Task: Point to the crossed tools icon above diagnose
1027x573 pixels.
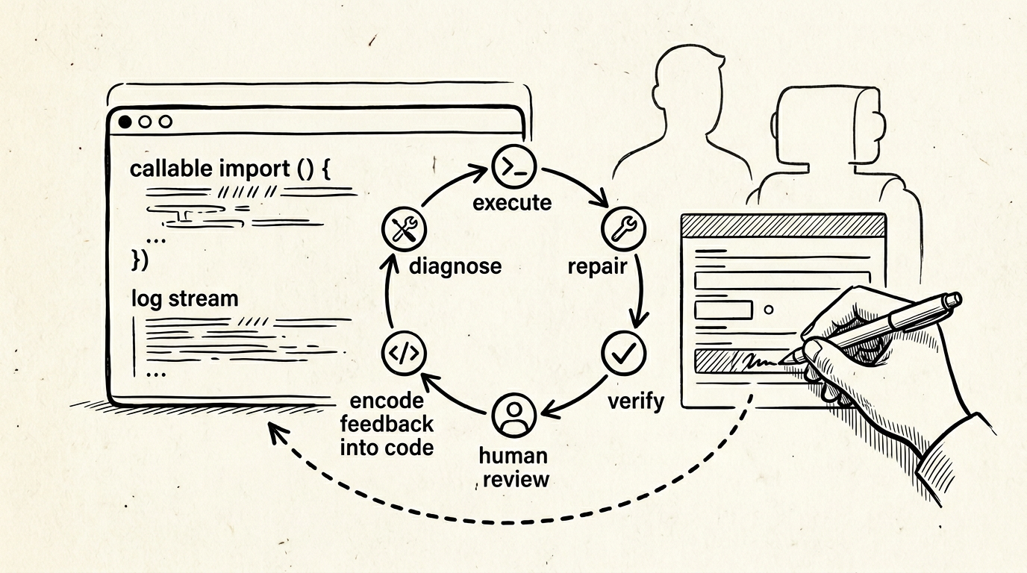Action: coord(403,228)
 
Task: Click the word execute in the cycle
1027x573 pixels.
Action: coord(512,202)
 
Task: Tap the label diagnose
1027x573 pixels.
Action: coord(455,266)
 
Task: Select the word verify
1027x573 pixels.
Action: coord(635,401)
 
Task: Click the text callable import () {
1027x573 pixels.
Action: coord(230,169)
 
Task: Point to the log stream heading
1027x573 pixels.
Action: coord(185,298)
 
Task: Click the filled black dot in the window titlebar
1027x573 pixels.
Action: coord(125,121)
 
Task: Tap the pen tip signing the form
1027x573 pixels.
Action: coord(793,360)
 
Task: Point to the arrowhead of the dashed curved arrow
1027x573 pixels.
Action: coord(272,432)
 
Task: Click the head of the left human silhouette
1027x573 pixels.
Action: coord(688,75)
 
